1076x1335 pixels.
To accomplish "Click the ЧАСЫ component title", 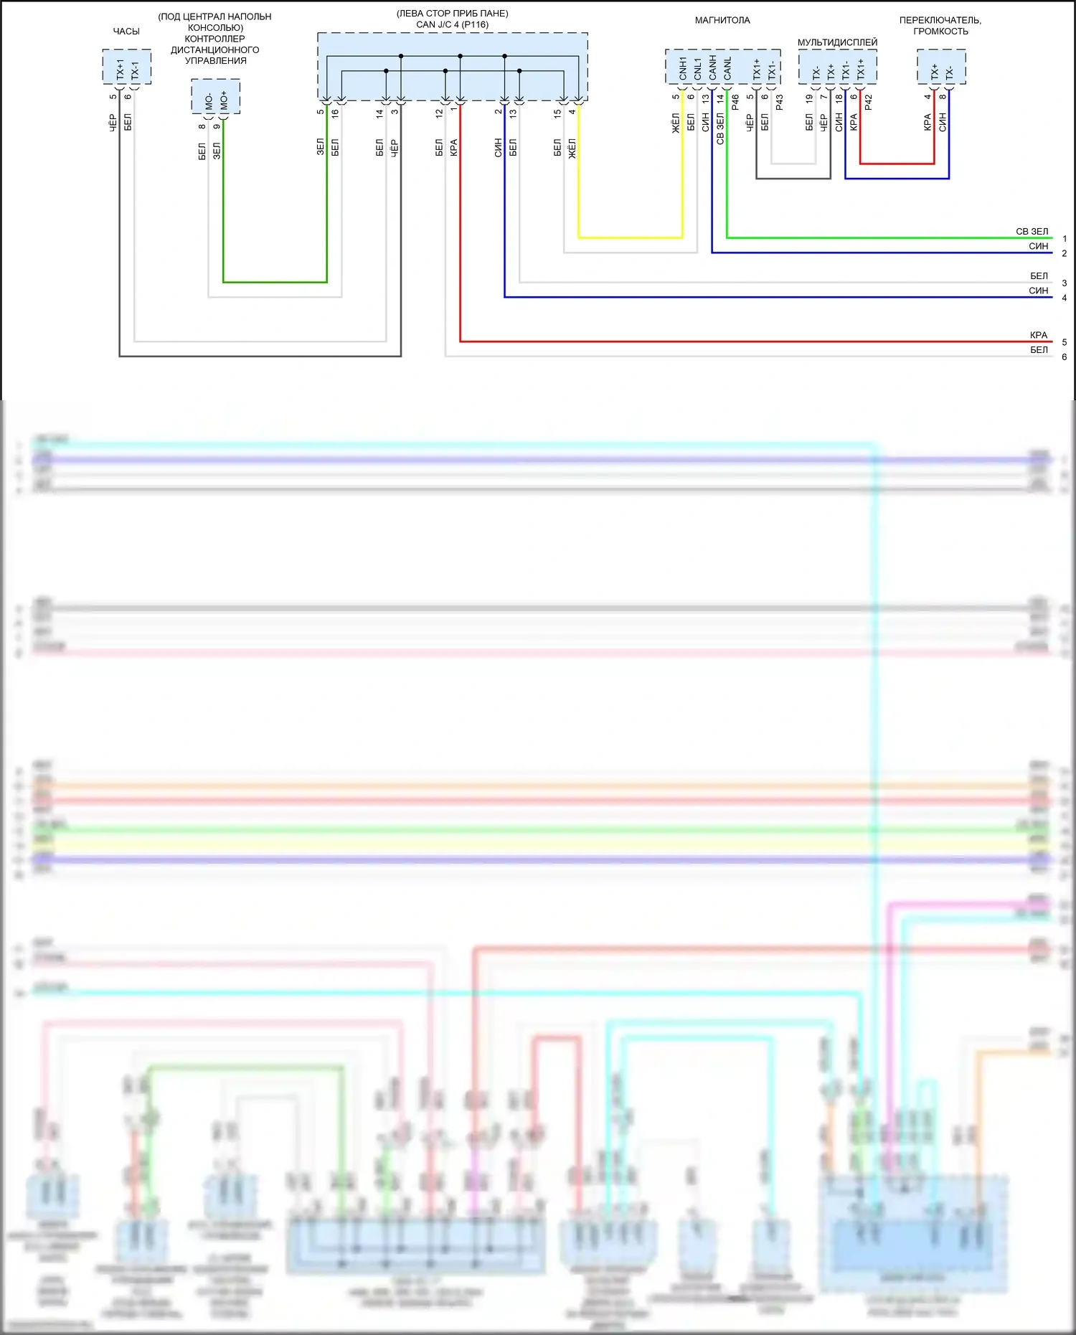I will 126,32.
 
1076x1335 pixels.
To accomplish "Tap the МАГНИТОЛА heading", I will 722,21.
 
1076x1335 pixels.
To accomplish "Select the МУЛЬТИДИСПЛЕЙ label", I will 837,42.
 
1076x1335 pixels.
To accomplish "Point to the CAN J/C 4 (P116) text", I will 452,24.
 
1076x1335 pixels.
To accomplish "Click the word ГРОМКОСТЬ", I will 940,32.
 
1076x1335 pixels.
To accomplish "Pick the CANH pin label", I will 712,68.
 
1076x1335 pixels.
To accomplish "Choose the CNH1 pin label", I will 683,68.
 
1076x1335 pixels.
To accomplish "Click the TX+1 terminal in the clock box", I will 120,70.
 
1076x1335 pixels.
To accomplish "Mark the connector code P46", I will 735,103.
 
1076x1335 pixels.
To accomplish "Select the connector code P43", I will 780,103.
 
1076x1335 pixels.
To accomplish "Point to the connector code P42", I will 869,103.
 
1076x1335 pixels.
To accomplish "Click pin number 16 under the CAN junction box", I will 335,113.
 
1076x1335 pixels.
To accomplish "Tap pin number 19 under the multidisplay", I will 809,98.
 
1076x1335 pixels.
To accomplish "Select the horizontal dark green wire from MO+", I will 275,282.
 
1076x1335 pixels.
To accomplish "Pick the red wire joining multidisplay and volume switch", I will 897,164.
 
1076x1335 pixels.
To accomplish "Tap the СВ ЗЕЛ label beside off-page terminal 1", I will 1032,232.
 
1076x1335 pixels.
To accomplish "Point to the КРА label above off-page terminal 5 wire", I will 1038,335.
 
